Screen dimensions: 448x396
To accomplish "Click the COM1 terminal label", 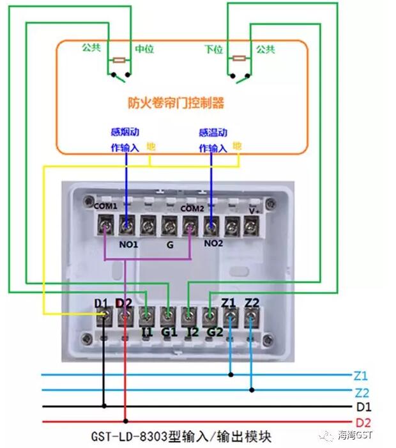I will point(105,206).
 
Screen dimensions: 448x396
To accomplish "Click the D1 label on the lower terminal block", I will point(101,302).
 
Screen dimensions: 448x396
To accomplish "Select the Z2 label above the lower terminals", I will point(252,302).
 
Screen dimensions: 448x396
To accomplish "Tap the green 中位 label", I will point(144,49).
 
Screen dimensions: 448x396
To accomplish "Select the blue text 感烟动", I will point(125,133).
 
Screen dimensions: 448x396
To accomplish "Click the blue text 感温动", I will point(212,133).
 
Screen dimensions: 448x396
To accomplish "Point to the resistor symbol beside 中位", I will point(119,61).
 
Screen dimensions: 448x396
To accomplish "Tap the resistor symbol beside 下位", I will point(239,59).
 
